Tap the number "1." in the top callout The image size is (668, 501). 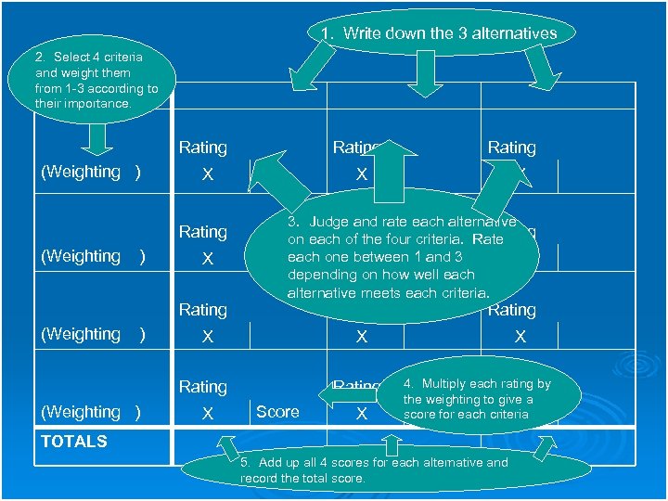(328, 33)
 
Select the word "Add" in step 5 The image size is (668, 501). (271, 462)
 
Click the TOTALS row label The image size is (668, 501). (74, 442)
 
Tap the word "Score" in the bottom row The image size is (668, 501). (277, 412)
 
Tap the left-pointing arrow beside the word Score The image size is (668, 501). (319, 400)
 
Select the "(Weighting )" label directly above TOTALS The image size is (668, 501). (90, 412)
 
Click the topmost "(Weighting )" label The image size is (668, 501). (90, 172)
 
